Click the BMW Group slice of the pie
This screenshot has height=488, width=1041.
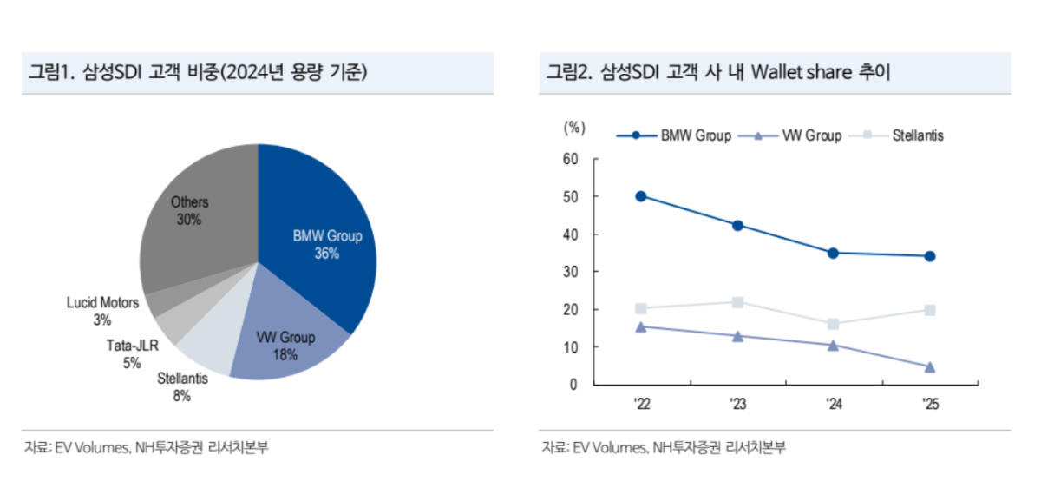[x=321, y=234]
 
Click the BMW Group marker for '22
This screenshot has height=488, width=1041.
[x=640, y=196]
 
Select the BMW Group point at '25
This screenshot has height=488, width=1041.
[x=929, y=256]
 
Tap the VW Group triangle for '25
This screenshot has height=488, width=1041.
[x=929, y=367]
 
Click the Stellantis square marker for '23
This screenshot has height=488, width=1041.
[x=737, y=302]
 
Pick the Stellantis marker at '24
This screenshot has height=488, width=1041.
[x=833, y=324]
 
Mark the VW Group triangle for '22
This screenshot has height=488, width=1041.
[x=640, y=327]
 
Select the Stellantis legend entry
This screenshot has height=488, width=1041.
[x=902, y=135]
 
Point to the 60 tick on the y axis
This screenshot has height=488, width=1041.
[x=570, y=159]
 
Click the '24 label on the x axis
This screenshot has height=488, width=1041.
[x=833, y=404]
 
